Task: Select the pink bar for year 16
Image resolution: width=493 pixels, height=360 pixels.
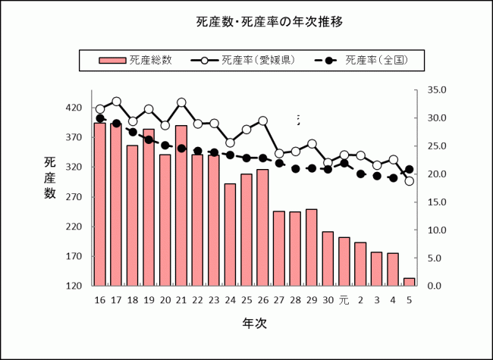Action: pyautogui.click(x=99, y=205)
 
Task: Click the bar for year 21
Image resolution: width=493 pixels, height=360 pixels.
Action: pyautogui.click(x=181, y=205)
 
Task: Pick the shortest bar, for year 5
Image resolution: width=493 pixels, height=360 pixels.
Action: pyautogui.click(x=409, y=282)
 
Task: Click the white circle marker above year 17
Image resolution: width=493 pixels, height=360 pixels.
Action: pyautogui.click(x=116, y=101)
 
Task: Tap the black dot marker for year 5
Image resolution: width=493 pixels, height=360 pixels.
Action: pyautogui.click(x=410, y=170)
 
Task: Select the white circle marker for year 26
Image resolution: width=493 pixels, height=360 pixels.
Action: pyautogui.click(x=263, y=121)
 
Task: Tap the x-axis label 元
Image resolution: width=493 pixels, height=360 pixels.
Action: pyautogui.click(x=344, y=301)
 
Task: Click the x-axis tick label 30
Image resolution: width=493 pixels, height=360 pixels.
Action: pyautogui.click(x=328, y=301)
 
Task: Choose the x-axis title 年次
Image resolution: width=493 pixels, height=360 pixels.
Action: pyautogui.click(x=254, y=324)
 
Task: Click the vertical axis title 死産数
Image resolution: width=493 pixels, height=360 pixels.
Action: pyautogui.click(x=50, y=177)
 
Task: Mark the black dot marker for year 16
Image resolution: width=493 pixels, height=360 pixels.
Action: pyautogui.click(x=100, y=118)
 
